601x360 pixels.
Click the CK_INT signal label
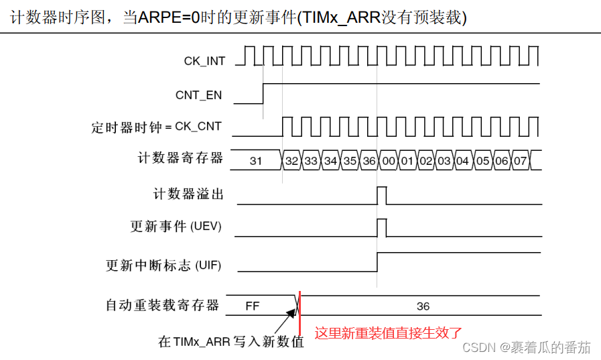pos(204,61)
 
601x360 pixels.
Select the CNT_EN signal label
pos(198,95)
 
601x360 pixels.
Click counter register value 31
pos(255,161)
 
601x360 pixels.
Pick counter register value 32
pos(291,161)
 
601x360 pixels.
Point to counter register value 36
pos(369,161)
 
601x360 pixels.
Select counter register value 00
pos(389,161)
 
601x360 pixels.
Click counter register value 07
pos(520,161)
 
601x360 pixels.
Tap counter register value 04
pos(462,161)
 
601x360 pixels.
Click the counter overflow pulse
pos(382,195)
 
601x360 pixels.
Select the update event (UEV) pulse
pos(382,227)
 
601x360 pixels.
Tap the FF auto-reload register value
pos(252,306)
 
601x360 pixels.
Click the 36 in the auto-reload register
pos(423,306)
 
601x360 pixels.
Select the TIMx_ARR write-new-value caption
pos(231,342)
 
